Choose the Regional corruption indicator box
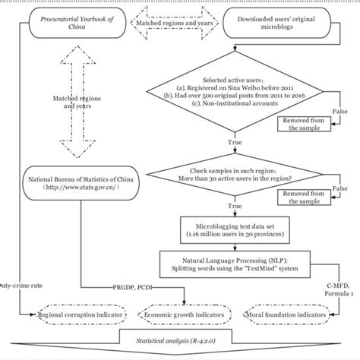[73, 314]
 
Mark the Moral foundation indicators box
[288, 314]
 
